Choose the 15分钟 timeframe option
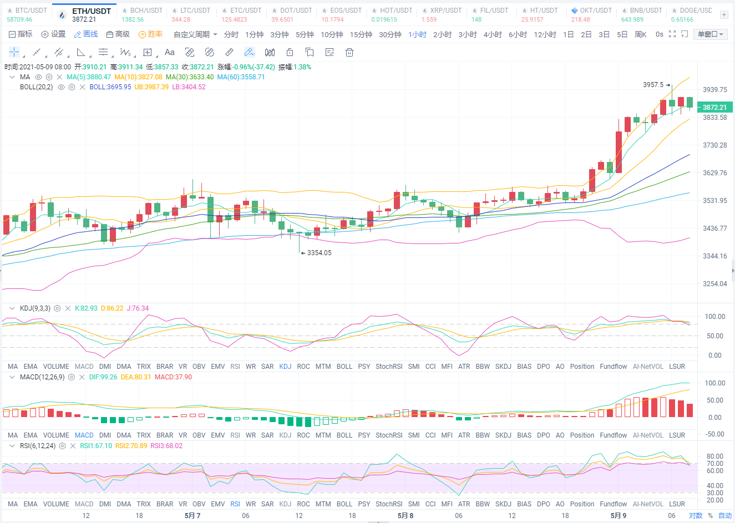point(361,34)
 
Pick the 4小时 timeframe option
point(493,34)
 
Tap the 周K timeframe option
point(641,34)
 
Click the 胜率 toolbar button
point(150,34)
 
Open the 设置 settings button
point(53,34)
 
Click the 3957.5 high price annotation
point(653,85)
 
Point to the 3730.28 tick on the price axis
point(714,145)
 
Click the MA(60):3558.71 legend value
point(241,77)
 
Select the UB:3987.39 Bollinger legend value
point(151,87)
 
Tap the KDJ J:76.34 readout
point(138,308)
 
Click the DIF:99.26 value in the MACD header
point(103,377)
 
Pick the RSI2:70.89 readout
point(131,446)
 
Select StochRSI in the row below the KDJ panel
point(388,367)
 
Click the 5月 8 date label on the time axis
point(405,516)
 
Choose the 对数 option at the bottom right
point(696,516)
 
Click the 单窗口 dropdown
point(710,34)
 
